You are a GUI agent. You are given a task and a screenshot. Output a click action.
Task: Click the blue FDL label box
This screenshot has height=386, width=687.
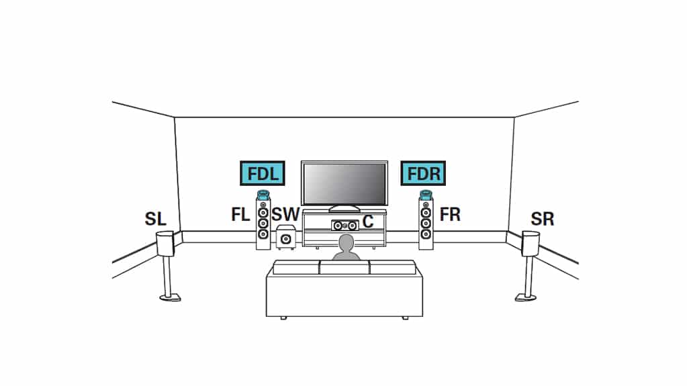point(263,173)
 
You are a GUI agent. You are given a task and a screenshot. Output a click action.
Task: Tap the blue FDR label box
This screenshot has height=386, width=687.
point(423,173)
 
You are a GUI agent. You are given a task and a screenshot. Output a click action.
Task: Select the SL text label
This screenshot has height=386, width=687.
point(156,219)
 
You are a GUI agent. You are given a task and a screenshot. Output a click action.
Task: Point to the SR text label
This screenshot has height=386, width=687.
point(543,219)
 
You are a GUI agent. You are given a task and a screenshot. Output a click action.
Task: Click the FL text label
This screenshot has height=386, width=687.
point(240,215)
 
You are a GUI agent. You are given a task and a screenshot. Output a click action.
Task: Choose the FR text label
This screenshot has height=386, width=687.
point(450,215)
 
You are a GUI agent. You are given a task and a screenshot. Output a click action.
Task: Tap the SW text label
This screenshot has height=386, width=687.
point(285,215)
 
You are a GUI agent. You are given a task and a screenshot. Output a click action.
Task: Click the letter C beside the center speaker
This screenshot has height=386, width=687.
point(368,222)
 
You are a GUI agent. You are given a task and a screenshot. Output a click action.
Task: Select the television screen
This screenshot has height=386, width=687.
point(345,183)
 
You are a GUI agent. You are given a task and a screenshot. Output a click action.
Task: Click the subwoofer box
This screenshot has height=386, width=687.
point(285,238)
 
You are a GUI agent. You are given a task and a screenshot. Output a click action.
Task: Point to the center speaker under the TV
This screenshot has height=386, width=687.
point(345,226)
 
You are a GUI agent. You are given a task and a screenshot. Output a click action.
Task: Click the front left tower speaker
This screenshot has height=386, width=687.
point(263,224)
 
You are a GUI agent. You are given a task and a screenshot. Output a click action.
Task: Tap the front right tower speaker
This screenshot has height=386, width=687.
point(426,224)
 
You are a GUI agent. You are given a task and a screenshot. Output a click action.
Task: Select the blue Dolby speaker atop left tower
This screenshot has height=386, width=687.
point(263,195)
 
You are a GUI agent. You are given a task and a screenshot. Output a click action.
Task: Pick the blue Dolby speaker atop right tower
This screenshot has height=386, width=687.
point(426,195)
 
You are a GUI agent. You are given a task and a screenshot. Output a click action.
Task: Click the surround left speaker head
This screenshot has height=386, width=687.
point(165,243)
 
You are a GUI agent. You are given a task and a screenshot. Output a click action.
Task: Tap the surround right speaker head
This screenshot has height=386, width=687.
point(531,244)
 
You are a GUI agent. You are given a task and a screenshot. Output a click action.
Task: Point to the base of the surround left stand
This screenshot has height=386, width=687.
point(170,297)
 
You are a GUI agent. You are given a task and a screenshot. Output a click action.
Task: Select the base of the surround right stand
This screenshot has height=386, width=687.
point(525,297)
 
